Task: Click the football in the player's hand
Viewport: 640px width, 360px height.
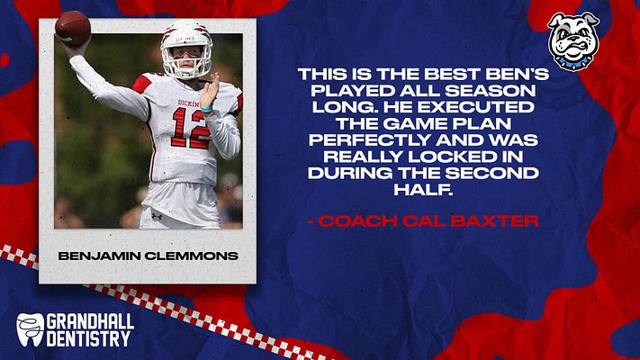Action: tap(73, 28)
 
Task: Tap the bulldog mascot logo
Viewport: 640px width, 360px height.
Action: tap(573, 41)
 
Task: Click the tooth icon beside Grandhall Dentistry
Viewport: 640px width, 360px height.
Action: tap(31, 329)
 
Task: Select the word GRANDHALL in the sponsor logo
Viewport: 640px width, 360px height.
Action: tap(90, 322)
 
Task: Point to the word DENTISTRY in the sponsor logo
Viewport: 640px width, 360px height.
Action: tap(88, 338)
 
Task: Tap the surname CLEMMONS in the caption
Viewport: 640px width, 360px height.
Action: tap(192, 256)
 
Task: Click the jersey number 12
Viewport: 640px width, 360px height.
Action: tap(191, 128)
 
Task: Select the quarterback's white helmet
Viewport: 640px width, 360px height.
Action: tap(187, 49)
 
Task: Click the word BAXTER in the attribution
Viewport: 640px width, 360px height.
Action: tap(495, 221)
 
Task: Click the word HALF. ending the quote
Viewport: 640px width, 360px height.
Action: tap(423, 189)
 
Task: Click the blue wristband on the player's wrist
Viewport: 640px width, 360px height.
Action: tap(206, 110)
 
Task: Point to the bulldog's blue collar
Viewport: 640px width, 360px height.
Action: tap(573, 63)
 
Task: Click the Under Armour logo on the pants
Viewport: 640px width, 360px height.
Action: tap(157, 216)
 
